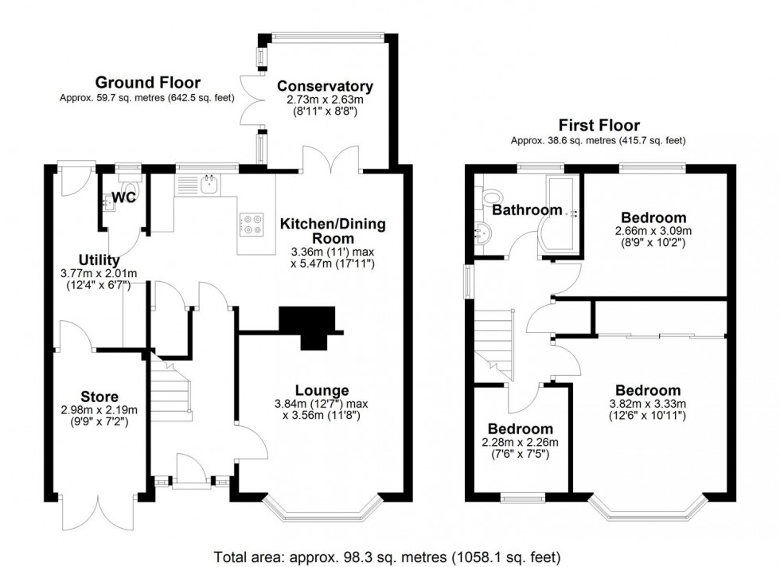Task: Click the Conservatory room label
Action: click(x=325, y=86)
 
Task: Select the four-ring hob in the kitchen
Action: click(x=252, y=224)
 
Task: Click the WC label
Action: click(x=123, y=197)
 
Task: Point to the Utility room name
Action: click(x=99, y=260)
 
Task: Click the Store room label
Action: click(x=99, y=397)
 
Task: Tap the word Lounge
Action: click(x=322, y=390)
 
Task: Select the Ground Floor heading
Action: click(x=148, y=82)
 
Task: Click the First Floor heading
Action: click(x=599, y=124)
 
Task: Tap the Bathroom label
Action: click(x=527, y=209)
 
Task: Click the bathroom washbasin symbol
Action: click(x=482, y=233)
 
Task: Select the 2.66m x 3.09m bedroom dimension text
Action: click(x=653, y=231)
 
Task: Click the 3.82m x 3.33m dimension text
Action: click(x=648, y=404)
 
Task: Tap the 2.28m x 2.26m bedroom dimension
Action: click(x=520, y=443)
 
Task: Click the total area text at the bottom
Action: click(x=387, y=557)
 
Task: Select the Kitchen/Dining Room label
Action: click(x=333, y=230)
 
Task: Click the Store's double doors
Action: click(x=99, y=512)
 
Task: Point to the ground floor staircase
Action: click(x=171, y=386)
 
